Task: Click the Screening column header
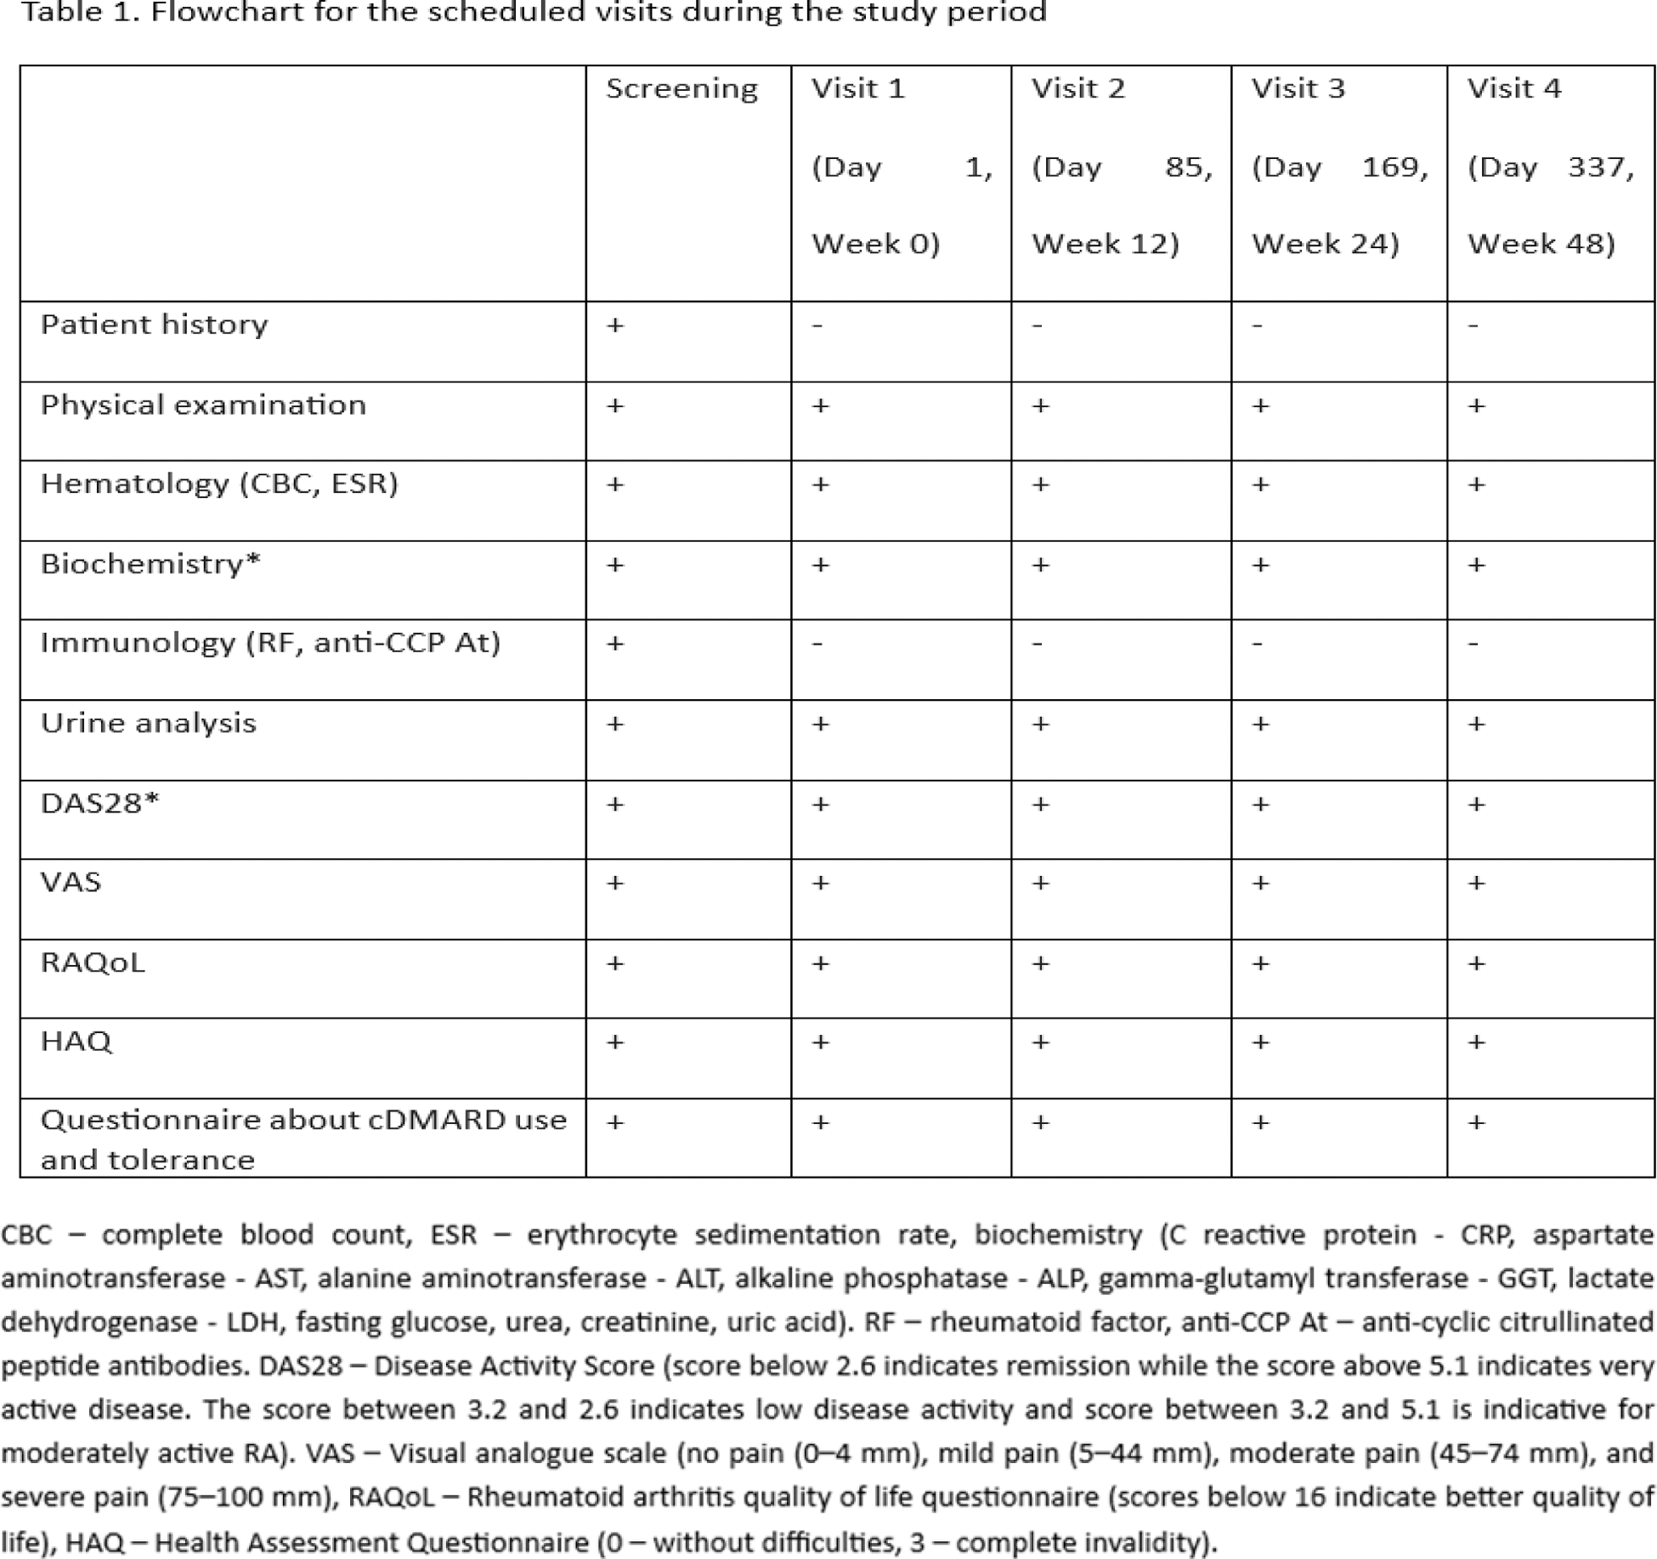tap(681, 89)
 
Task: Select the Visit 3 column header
tap(1298, 89)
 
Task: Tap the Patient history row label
tap(154, 325)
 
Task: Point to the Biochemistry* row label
tap(150, 564)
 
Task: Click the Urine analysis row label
tap(148, 723)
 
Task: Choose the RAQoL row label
tap(93, 963)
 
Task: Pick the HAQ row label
tap(76, 1042)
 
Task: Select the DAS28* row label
tap(99, 804)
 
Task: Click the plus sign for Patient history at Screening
tap(615, 325)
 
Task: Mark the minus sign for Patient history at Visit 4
tap(1473, 325)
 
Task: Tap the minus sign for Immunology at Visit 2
tap(1038, 644)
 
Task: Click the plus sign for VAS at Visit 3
tap(1260, 884)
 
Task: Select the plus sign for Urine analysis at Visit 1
tap(820, 725)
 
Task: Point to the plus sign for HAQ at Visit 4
tap(1477, 1042)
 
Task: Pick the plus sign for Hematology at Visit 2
tap(1040, 485)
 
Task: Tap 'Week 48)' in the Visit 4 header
tap(1541, 245)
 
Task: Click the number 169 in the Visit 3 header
tap(1394, 167)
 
